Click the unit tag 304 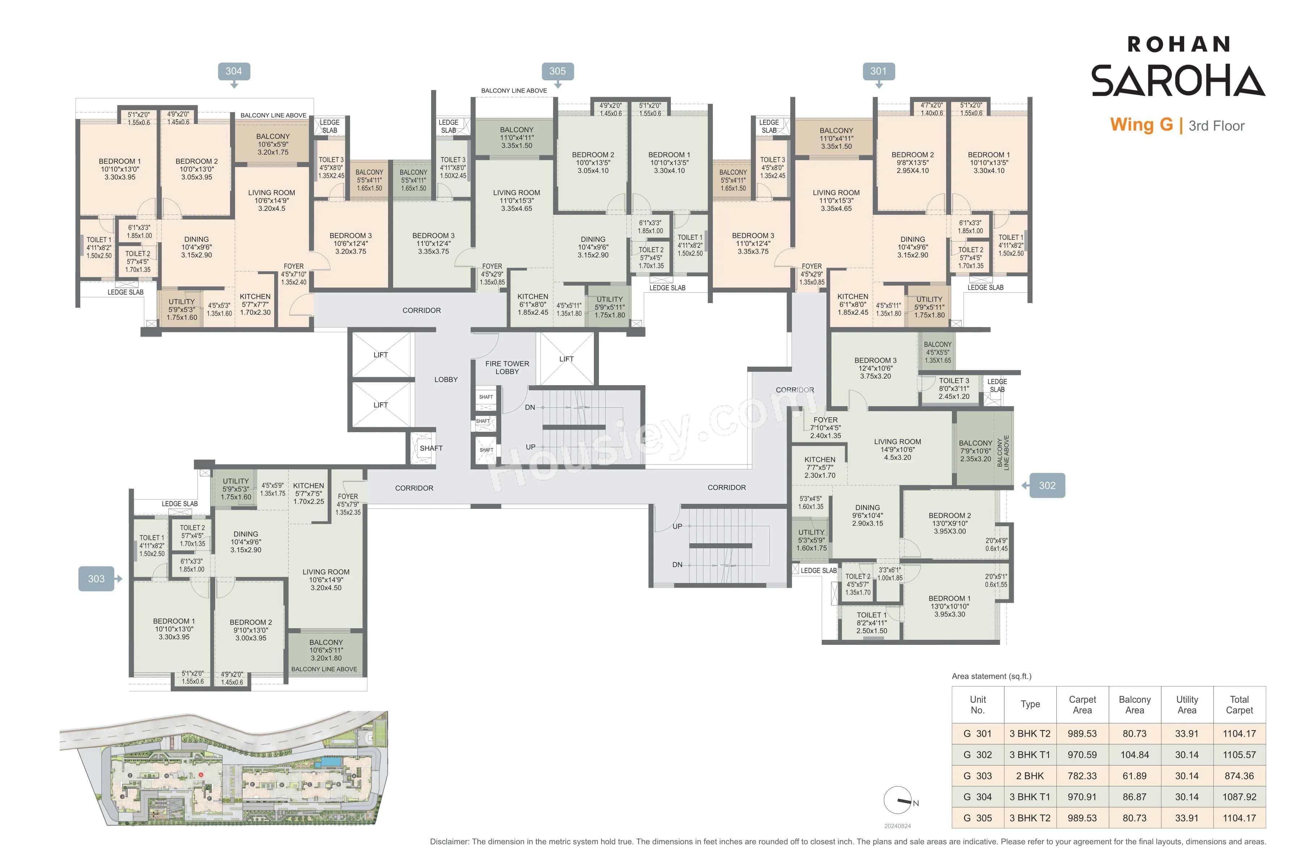234,71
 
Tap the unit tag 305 557,71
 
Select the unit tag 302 1047,485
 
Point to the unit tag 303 96,578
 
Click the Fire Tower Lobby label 507,367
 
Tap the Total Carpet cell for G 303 1239,775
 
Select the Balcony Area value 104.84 1134,754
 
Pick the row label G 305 978,818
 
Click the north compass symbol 898,800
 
